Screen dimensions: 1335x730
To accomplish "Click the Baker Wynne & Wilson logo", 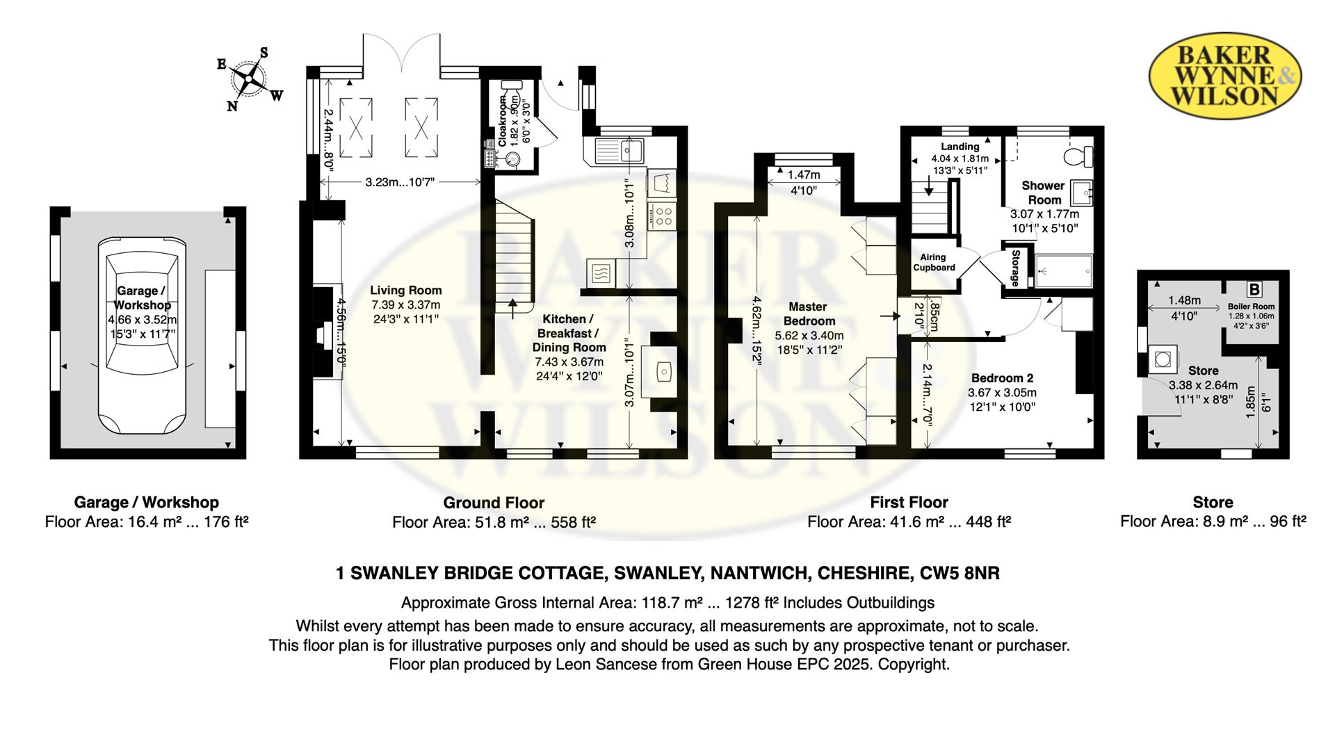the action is tap(1224, 76).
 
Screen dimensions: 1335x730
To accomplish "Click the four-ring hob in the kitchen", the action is tap(661, 215).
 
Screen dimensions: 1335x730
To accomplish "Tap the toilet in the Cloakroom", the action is tap(511, 90).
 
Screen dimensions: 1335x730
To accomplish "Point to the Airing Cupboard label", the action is tap(934, 262).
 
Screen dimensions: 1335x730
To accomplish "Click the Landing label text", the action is tap(960, 147).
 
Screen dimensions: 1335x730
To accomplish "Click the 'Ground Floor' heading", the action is tap(494, 503).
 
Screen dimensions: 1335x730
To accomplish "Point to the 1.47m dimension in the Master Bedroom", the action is tap(804, 175).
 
